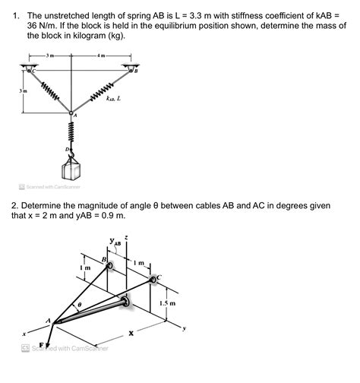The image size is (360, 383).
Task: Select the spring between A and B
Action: [101, 95]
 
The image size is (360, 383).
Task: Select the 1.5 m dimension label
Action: [167, 302]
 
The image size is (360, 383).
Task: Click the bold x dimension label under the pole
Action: [131, 333]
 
